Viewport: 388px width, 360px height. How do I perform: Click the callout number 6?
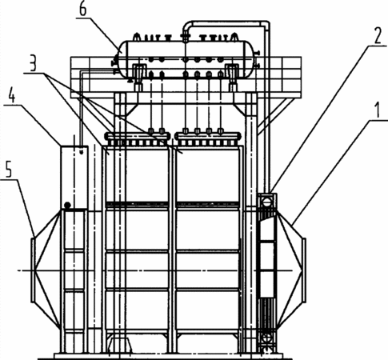click(83, 9)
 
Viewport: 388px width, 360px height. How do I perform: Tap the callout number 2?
click(378, 36)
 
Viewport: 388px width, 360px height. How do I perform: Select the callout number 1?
click(377, 110)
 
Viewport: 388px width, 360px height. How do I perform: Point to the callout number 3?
click(33, 63)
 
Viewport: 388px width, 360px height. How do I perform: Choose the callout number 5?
click(9, 170)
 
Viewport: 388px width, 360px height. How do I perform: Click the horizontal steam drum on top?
click(186, 59)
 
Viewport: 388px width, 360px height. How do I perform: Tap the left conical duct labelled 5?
click(46, 270)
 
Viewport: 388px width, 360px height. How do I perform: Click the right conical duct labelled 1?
click(291, 270)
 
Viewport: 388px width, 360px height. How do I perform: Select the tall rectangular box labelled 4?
click(74, 177)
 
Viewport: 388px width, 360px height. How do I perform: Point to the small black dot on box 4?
click(67, 206)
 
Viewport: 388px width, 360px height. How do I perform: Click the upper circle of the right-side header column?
click(266, 202)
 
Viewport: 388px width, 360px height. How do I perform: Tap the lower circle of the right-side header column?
click(266, 338)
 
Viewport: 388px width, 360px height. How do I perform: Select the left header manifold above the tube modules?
click(138, 136)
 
